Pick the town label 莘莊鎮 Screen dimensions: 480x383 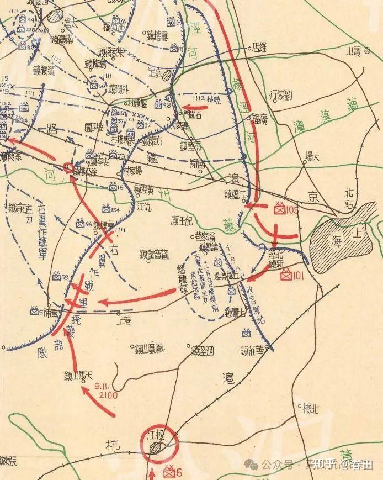coord(256,349)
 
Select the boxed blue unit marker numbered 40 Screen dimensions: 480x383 coord(171,22)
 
